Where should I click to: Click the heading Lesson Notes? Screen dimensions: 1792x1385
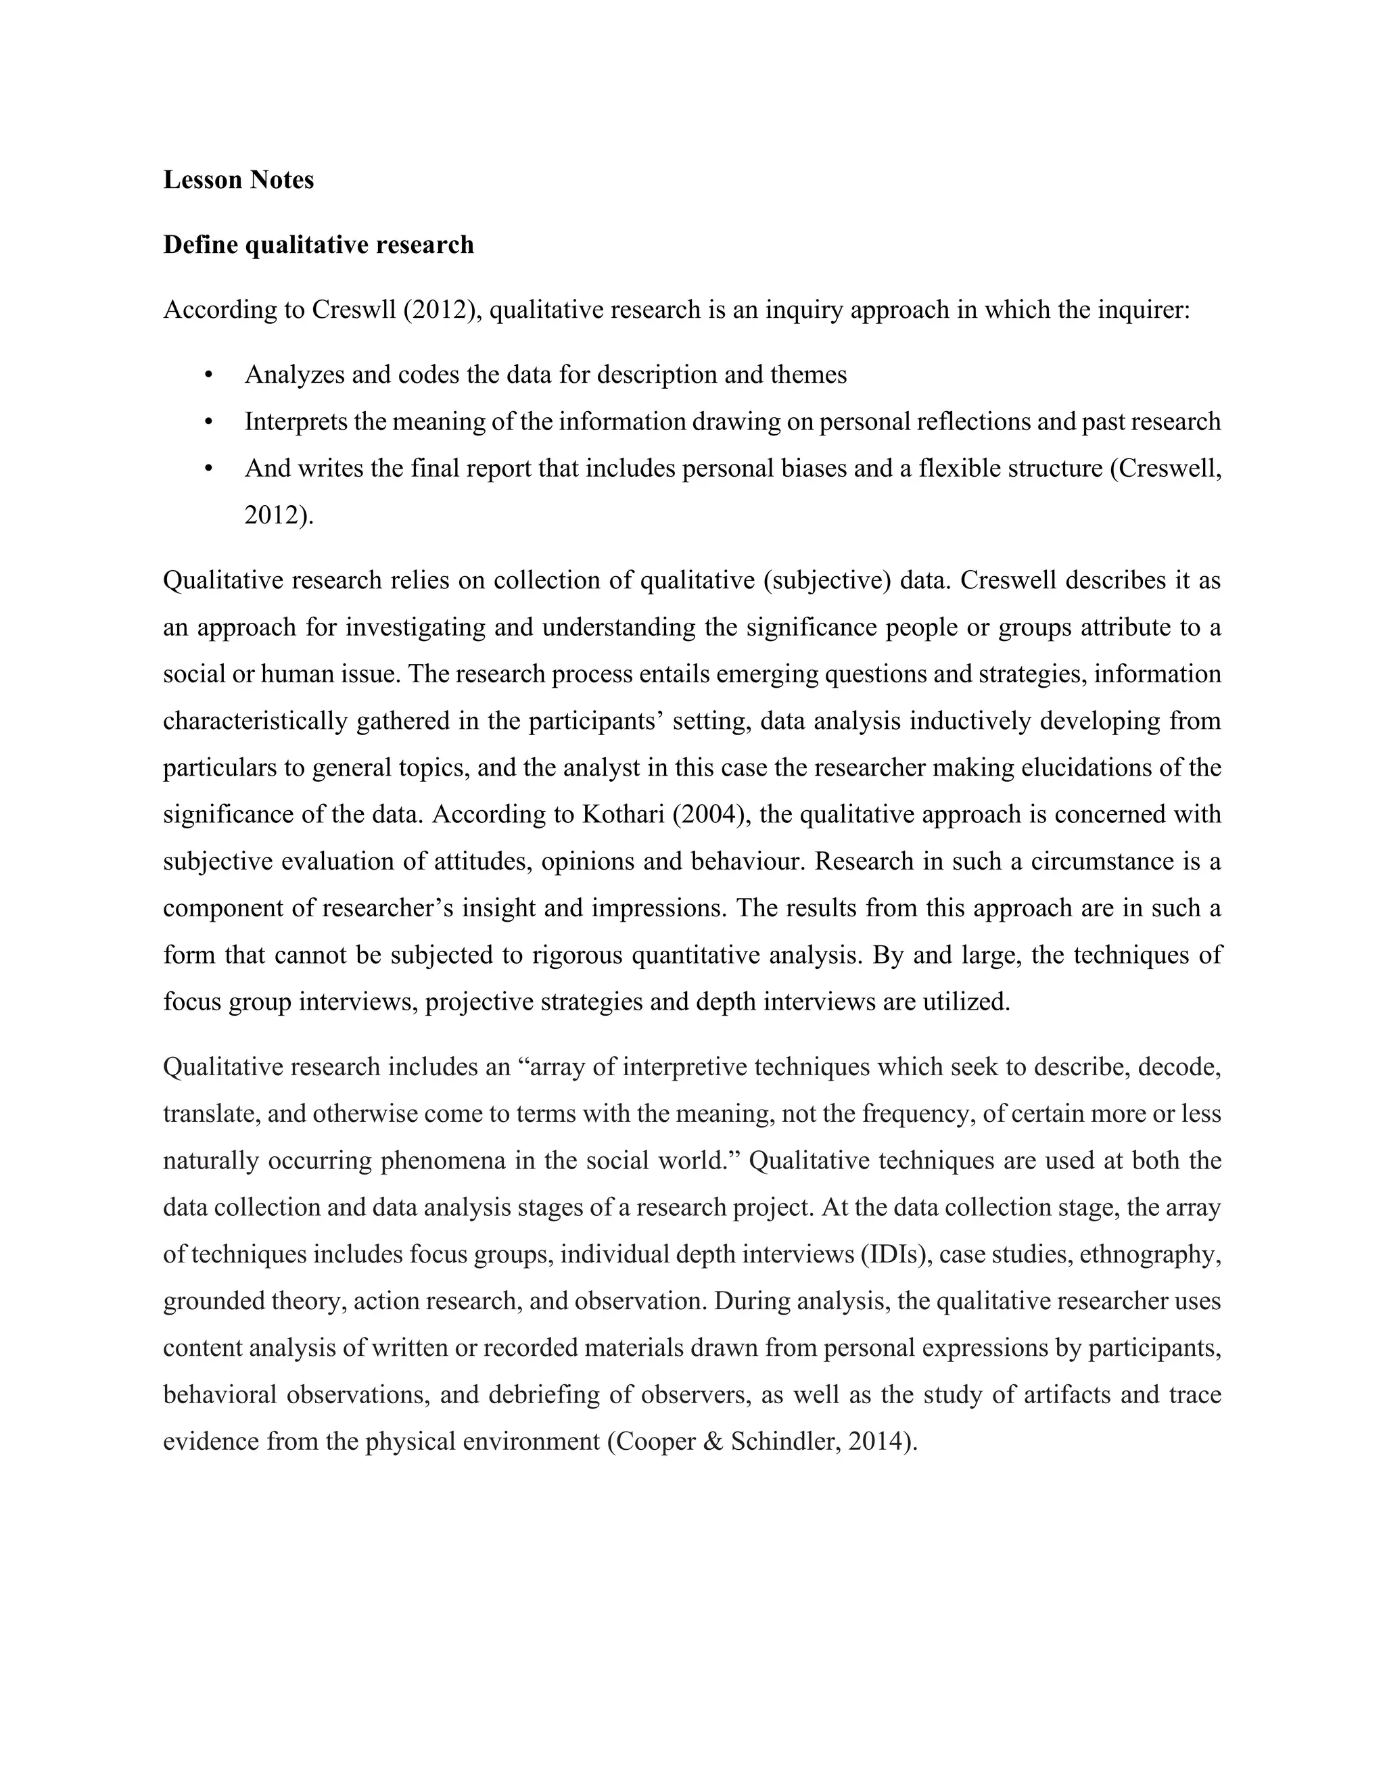click(238, 180)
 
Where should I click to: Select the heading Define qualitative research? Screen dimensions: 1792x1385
click(319, 245)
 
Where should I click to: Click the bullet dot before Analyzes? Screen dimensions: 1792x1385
click(208, 375)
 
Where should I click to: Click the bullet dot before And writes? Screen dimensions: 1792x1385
click(208, 469)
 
